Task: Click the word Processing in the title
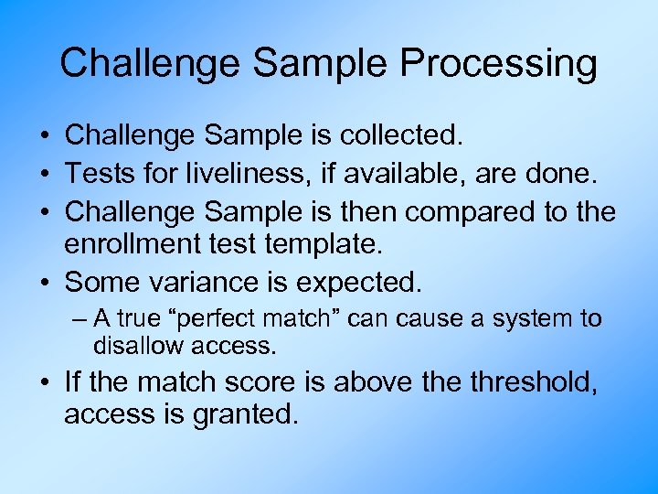(498, 64)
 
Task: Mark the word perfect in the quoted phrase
(210, 320)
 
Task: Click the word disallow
(138, 346)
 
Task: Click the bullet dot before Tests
(44, 174)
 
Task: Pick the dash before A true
(80, 320)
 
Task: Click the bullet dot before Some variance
(44, 282)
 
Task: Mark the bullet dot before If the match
(44, 381)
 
